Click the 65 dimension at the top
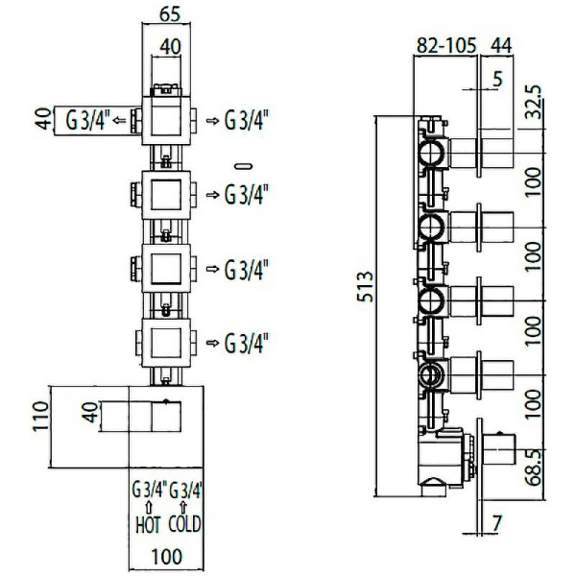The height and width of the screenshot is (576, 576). (170, 14)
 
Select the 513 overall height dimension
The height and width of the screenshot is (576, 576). (366, 287)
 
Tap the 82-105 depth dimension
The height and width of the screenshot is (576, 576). (446, 45)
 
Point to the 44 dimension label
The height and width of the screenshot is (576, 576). (501, 45)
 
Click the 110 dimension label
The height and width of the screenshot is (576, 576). (41, 417)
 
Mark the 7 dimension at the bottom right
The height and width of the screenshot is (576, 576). (496, 524)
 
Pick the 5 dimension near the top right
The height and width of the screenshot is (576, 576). (497, 79)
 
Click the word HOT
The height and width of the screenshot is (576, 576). (148, 524)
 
